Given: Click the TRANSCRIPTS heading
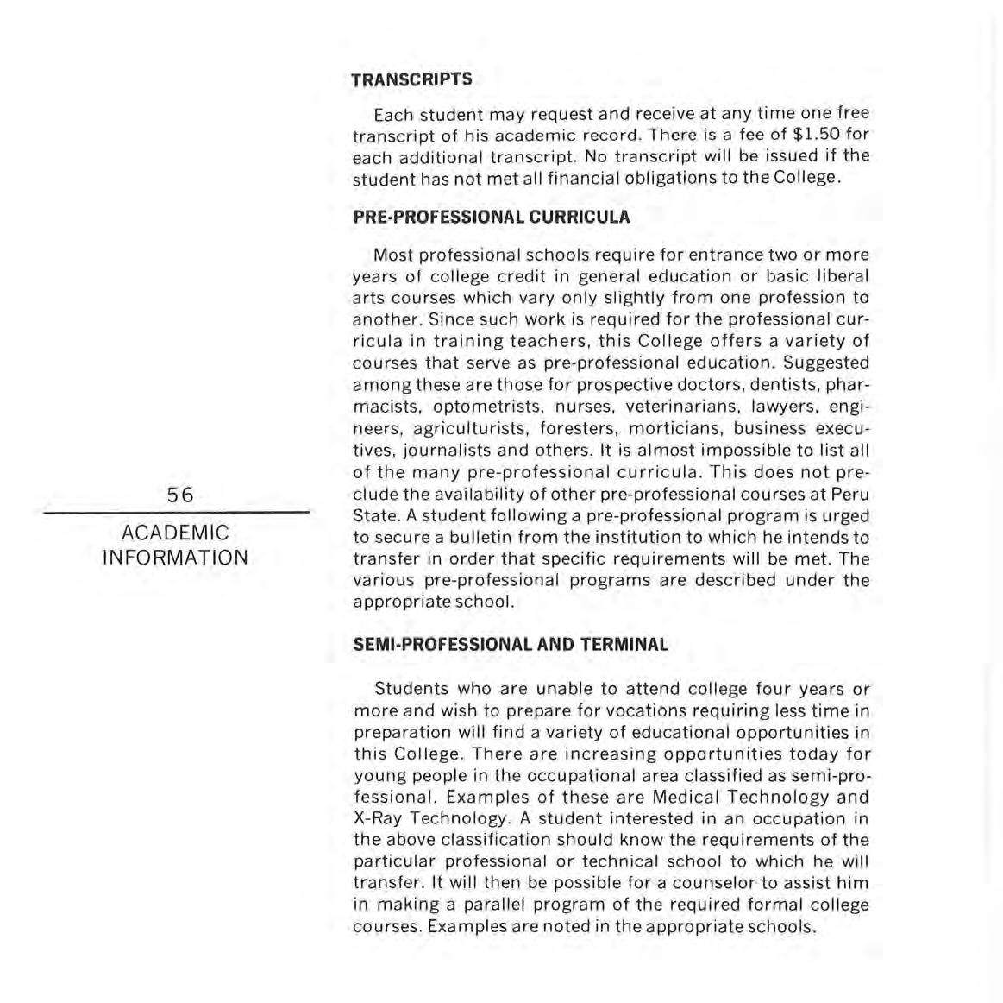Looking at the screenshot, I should (x=411, y=79).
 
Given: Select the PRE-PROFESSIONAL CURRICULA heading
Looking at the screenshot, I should (x=492, y=217).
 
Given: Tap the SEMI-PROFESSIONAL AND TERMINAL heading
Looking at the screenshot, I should (x=511, y=645).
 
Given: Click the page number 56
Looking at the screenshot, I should (x=181, y=495).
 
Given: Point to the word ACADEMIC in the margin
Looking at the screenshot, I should (x=176, y=533).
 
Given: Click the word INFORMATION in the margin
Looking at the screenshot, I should (x=176, y=558).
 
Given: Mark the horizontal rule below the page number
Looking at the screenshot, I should (x=177, y=514).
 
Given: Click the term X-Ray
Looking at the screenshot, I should (x=377, y=818).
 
